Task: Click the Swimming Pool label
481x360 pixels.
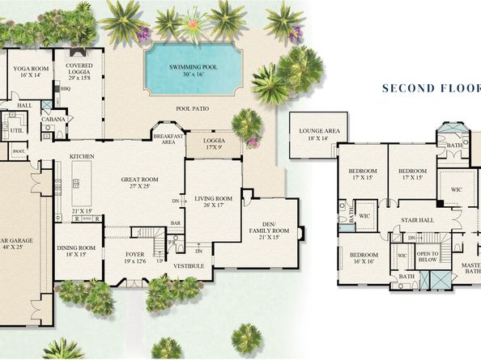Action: coord(194,67)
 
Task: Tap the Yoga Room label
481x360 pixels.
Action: coord(28,71)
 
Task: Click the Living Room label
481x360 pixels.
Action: coord(212,201)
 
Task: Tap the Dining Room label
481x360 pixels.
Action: coord(74,250)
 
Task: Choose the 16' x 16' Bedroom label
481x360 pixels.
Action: coord(363,256)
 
